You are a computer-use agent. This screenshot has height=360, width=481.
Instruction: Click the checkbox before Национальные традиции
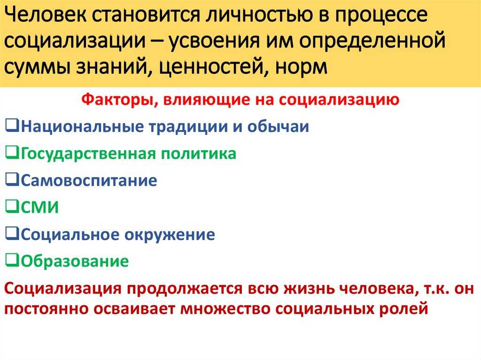tap(12, 126)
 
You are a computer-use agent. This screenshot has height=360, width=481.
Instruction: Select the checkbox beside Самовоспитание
tap(12, 180)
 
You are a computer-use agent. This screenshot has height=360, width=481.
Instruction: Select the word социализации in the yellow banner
tap(75, 41)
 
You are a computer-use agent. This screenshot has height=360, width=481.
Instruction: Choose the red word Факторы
tap(120, 100)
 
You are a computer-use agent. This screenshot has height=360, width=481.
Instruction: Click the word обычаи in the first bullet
tap(278, 126)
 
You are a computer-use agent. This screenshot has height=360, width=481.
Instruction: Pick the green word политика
tap(199, 153)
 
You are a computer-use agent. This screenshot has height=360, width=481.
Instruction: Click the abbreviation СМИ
tap(39, 207)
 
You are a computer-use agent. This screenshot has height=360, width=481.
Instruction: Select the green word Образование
tap(75, 261)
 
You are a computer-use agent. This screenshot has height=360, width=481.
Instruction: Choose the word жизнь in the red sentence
tap(308, 289)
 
